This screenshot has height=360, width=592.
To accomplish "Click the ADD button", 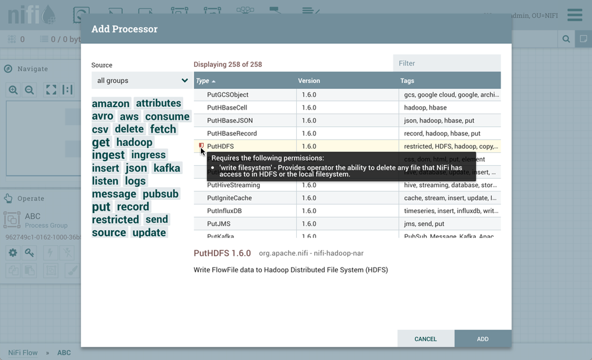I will [482, 339].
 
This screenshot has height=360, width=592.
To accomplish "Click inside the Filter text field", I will [447, 63].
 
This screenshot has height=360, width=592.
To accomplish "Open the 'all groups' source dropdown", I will [142, 81].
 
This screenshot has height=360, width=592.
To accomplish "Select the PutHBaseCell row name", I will [227, 108].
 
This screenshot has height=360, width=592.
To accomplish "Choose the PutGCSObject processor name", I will [228, 95].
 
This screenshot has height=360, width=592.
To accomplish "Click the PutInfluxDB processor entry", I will [225, 211].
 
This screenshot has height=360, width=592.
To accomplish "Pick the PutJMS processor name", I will [219, 224].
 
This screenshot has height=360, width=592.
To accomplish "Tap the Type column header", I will [203, 81].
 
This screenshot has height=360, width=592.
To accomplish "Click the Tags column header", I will [407, 81].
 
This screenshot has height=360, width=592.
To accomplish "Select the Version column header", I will [309, 81].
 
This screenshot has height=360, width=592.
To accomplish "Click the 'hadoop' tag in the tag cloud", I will [135, 142].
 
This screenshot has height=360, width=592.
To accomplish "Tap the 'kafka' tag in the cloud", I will [167, 168].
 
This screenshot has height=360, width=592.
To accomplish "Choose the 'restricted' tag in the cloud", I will [116, 220].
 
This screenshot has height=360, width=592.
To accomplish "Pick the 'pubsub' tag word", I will [161, 194].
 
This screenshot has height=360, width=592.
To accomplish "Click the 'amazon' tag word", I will [111, 104].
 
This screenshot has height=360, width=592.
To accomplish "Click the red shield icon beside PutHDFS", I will [201, 146].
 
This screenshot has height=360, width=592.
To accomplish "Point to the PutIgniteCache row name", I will [228, 198].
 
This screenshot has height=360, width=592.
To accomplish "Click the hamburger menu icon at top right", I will [574, 15].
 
